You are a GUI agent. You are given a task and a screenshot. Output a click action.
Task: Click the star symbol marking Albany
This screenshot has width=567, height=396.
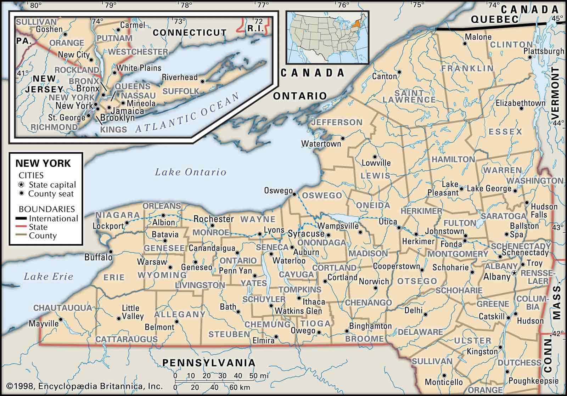(x=514, y=273)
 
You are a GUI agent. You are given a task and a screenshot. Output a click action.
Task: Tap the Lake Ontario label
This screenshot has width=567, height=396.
(x=190, y=172)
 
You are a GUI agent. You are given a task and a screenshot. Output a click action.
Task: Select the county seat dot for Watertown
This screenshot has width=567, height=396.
(x=343, y=138)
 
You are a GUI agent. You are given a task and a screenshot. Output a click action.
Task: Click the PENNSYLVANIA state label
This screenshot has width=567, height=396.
(x=209, y=362)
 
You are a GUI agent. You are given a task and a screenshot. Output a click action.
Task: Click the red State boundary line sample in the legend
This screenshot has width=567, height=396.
(x=22, y=227)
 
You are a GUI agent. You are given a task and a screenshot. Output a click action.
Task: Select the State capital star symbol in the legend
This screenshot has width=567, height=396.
(x=22, y=185)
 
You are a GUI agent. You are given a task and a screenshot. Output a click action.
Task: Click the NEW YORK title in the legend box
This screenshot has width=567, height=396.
(x=43, y=163)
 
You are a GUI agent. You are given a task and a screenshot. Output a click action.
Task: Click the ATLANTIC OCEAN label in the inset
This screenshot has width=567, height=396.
(x=188, y=113)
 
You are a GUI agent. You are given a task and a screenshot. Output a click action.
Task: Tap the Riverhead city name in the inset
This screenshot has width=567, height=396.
(x=180, y=77)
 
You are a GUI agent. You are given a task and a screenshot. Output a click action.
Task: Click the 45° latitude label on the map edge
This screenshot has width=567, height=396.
(x=559, y=18)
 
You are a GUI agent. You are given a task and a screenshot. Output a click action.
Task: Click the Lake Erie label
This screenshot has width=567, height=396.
(x=48, y=277)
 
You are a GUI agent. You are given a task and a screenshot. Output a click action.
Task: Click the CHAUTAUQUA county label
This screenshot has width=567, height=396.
(x=63, y=307)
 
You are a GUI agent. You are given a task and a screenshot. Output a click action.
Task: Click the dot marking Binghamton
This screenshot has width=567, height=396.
(x=347, y=332)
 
